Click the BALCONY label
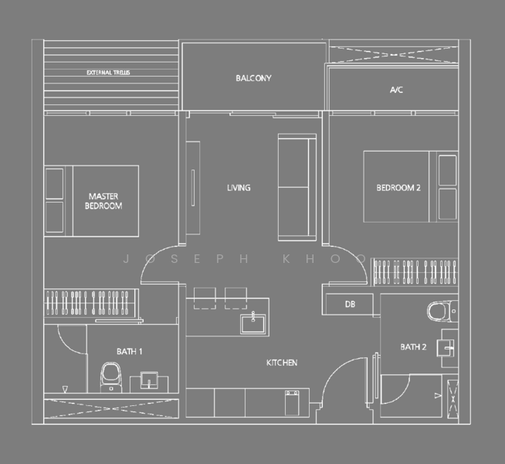253,78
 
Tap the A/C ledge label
396,90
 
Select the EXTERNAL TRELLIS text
108,73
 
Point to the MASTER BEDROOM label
104,201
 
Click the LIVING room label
239,188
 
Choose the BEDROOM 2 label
398,188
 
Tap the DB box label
350,305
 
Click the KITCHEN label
282,363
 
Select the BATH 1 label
130,352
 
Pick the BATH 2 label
413,347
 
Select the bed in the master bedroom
92,201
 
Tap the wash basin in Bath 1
150,380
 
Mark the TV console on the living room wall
191,186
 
